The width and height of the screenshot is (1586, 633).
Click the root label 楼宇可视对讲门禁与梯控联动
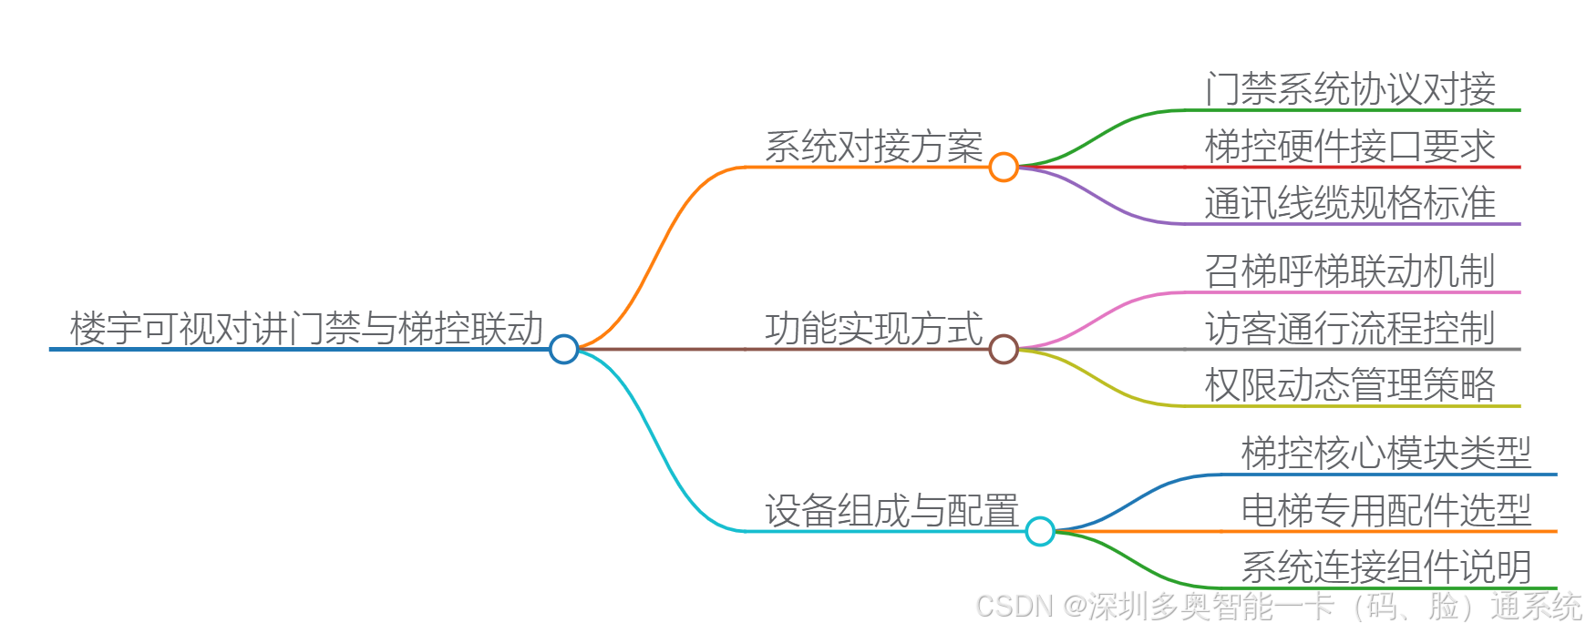[x=306, y=329]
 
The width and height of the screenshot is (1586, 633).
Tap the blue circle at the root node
[x=564, y=349]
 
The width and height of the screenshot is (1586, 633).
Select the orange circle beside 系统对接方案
[x=1004, y=167]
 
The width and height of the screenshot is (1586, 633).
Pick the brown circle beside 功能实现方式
[x=1004, y=349]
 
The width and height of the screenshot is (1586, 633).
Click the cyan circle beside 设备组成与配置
[x=1040, y=531]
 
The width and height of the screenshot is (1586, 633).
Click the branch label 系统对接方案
[x=873, y=147]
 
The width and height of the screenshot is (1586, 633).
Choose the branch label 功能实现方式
[x=873, y=329]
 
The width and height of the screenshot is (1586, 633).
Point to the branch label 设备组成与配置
[x=891, y=511]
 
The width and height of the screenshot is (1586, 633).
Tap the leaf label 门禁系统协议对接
[x=1350, y=89]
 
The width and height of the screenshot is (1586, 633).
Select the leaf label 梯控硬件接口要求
[x=1350, y=146]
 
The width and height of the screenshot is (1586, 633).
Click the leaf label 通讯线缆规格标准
[x=1350, y=202]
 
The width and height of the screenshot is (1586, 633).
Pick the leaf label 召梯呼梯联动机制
[x=1350, y=271]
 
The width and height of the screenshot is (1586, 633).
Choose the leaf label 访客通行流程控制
[x=1350, y=328]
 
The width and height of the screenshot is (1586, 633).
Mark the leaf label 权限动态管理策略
[x=1350, y=384]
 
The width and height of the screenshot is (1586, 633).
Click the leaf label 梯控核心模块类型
[x=1386, y=454]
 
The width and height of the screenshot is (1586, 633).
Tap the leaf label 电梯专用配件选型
[x=1386, y=510]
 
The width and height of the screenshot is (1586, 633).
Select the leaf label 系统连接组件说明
[x=1386, y=567]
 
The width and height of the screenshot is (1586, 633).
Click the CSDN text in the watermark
[x=1014, y=606]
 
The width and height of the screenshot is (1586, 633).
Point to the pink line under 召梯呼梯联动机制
[x=1349, y=292]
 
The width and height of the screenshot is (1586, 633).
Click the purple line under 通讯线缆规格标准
[x=1349, y=223]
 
